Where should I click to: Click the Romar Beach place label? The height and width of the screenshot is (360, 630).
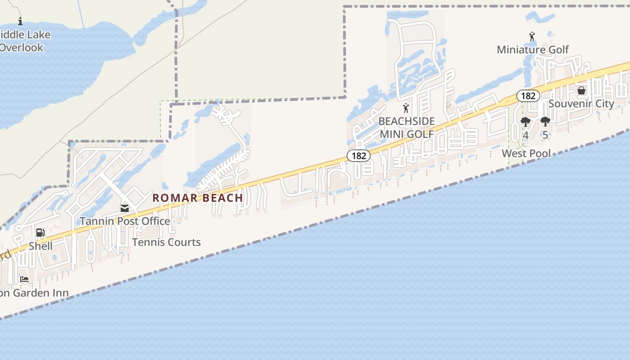tap(198, 198)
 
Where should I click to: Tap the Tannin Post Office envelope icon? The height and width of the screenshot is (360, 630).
tap(125, 208)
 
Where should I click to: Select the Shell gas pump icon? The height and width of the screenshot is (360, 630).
tap(40, 233)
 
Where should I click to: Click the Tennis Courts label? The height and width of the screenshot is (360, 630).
tap(166, 242)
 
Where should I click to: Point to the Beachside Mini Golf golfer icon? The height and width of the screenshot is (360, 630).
tap(406, 108)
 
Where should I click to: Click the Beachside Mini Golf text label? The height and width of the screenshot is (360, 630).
tap(406, 127)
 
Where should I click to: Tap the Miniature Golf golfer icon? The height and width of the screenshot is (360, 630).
tap(532, 36)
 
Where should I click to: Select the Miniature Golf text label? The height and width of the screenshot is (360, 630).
tap(533, 49)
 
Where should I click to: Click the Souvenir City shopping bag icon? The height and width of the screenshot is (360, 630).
tap(581, 90)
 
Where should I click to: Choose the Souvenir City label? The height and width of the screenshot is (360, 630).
tap(581, 103)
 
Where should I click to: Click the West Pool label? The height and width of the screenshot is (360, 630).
tap(526, 153)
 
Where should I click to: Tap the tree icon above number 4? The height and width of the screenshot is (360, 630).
tap(525, 121)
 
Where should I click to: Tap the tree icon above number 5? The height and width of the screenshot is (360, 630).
tap(545, 121)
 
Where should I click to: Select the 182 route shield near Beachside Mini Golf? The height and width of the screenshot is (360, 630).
tap(359, 156)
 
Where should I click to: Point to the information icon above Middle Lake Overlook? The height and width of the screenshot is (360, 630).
tap(20, 21)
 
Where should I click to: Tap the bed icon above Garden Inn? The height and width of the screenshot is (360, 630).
tap(24, 279)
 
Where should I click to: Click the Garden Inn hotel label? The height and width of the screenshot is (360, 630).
tap(34, 293)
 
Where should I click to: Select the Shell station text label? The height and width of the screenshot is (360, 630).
tap(40, 246)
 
